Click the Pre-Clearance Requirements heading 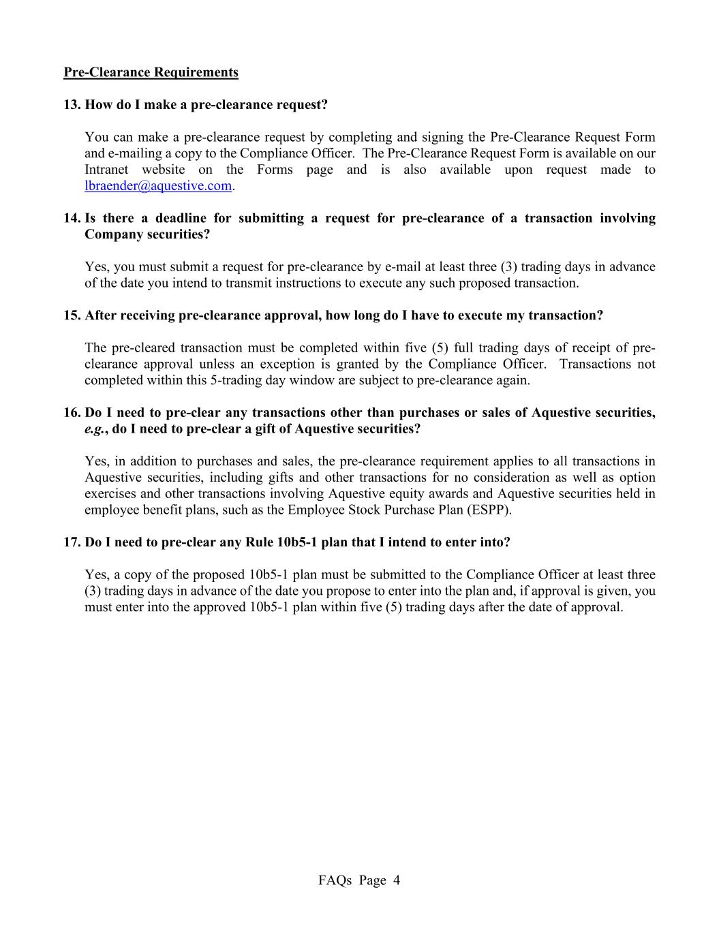(x=151, y=72)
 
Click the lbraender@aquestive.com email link (x=158, y=186)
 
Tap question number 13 (x=72, y=105)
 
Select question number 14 (x=72, y=218)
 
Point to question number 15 (x=72, y=315)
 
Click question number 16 (x=72, y=413)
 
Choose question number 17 (x=72, y=542)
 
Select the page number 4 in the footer (x=396, y=880)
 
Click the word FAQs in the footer (x=335, y=880)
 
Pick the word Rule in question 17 (x=261, y=542)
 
